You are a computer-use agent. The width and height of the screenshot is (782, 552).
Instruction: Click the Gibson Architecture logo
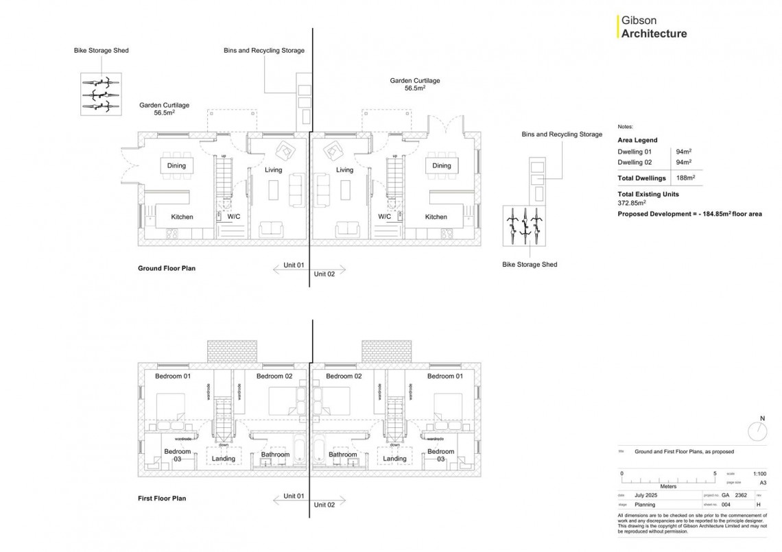(653, 27)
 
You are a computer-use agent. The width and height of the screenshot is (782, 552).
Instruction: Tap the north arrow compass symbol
(757, 431)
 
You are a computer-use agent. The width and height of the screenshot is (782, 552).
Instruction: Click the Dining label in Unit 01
(176, 166)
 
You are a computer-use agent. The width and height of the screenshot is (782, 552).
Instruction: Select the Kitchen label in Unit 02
(436, 217)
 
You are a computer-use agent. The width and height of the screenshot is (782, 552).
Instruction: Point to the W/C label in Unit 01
(234, 217)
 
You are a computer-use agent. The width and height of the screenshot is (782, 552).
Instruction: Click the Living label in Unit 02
(344, 170)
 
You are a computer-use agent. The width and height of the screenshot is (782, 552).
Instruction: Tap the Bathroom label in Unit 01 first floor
(275, 455)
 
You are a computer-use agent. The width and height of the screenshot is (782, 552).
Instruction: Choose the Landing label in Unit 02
(394, 459)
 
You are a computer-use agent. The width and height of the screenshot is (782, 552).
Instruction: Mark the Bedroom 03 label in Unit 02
(440, 455)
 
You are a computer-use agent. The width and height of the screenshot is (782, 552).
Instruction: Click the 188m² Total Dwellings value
(685, 178)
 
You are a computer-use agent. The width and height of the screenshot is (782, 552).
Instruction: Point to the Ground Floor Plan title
(167, 269)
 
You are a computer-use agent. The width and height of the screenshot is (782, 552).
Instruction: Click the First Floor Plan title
(162, 499)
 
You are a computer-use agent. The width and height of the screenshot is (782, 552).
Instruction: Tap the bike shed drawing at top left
(101, 94)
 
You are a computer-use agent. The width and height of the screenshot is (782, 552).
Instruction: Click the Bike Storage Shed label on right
(530, 265)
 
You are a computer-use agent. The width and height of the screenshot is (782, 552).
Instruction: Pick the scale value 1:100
(759, 474)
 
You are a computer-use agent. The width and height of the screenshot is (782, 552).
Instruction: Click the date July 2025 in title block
(646, 494)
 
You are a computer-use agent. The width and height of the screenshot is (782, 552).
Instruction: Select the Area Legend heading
(637, 140)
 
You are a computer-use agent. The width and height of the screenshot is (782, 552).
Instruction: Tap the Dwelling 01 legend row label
(635, 152)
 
